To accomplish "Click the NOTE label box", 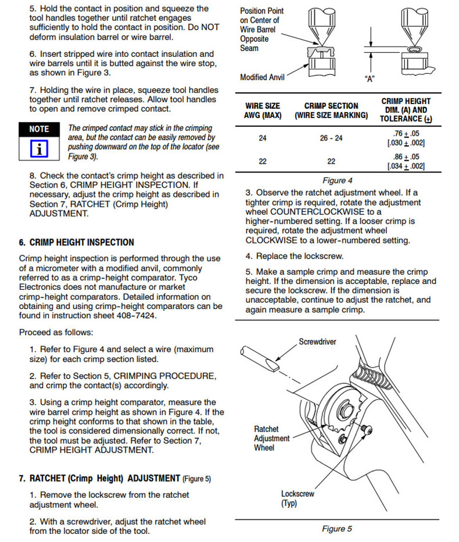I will [39, 129].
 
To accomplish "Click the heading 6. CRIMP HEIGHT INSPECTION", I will [76, 242].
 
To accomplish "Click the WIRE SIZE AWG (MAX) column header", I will [262, 110].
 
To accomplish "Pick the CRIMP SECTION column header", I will [331, 110].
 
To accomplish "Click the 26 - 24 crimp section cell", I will [331, 138].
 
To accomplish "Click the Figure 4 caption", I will [338, 181].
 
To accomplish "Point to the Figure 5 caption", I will [337, 529].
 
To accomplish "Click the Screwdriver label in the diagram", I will [317, 342].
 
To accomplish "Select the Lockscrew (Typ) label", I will [297, 498].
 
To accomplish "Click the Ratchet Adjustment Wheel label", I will [271, 439].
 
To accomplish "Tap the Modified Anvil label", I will [262, 77].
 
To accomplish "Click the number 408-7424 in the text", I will [136, 316].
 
